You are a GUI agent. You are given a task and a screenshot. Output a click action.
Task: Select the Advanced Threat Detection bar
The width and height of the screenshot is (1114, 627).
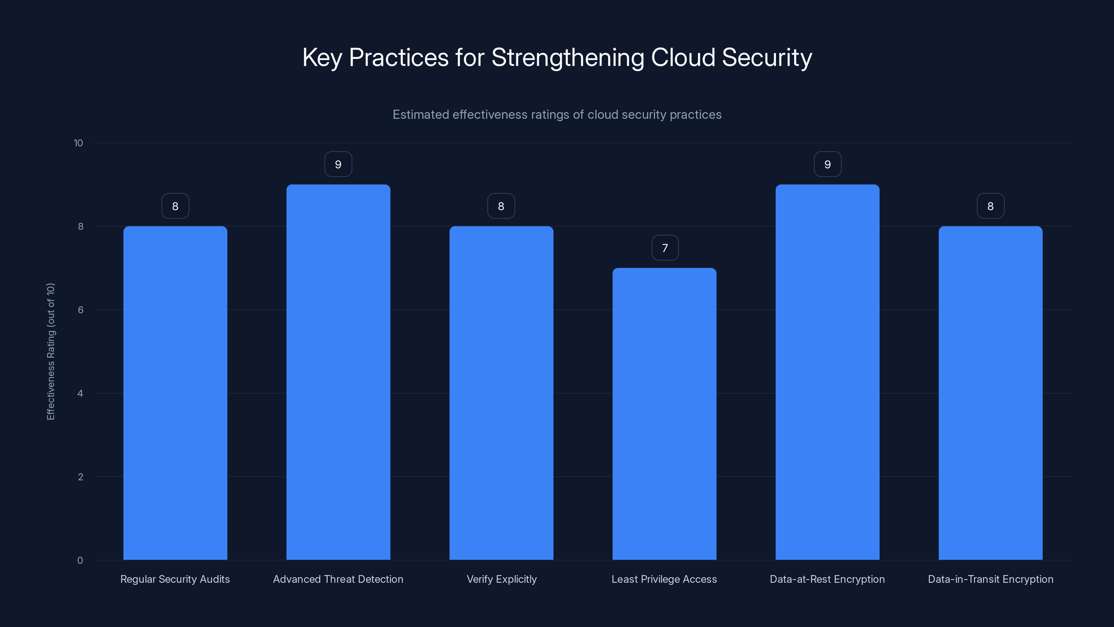click(x=338, y=372)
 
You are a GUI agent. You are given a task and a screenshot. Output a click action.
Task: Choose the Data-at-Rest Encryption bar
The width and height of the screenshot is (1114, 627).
click(x=827, y=372)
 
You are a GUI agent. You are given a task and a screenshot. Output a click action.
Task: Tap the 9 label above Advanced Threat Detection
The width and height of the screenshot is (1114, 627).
click(x=338, y=164)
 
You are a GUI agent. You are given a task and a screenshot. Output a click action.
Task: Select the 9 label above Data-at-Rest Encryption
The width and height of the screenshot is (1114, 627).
click(x=827, y=164)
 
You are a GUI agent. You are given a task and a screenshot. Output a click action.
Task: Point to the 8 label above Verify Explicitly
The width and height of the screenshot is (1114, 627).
click(x=501, y=207)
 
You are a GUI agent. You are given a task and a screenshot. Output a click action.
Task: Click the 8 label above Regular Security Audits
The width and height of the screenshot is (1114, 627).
click(x=175, y=207)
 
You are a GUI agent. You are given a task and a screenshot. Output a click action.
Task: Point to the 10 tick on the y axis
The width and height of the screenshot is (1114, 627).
click(x=78, y=143)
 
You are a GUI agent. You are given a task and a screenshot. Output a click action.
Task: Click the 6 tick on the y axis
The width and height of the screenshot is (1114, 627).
click(x=80, y=310)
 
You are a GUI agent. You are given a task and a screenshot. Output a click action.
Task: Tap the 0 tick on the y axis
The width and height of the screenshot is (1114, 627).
click(x=80, y=560)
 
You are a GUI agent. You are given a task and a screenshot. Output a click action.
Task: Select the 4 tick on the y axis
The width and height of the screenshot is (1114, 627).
click(x=80, y=393)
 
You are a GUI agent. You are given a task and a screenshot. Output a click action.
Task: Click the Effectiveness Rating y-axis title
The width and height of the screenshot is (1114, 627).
click(x=50, y=351)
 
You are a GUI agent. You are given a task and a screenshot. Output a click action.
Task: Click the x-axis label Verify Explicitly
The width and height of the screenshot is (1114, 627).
click(x=502, y=579)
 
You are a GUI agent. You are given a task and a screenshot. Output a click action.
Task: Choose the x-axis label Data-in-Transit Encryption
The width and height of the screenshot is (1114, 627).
click(x=990, y=579)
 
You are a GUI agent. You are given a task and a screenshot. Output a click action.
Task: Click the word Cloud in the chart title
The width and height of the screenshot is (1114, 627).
click(x=683, y=57)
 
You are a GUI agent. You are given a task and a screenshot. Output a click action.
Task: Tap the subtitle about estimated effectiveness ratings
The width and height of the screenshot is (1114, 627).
click(x=557, y=115)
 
